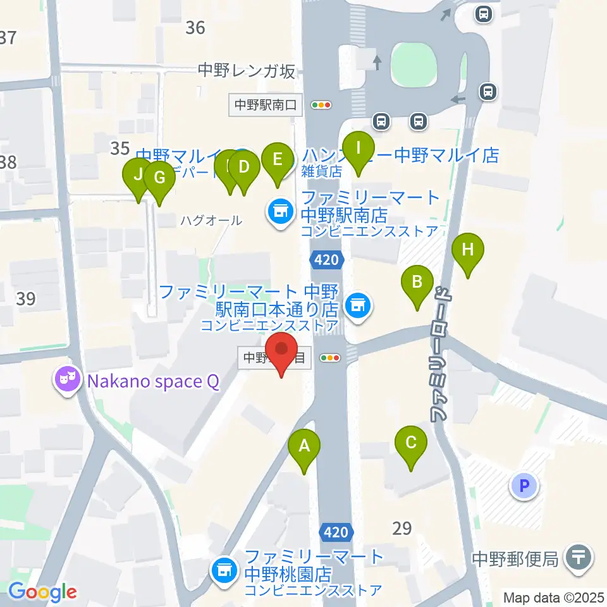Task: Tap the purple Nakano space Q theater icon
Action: click(x=66, y=381)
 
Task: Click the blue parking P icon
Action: click(x=524, y=486)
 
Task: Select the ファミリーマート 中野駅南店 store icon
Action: click(x=279, y=211)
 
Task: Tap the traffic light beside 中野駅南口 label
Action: click(x=322, y=106)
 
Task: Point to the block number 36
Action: click(x=195, y=27)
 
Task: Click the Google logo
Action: click(x=42, y=592)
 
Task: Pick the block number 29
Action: click(x=402, y=528)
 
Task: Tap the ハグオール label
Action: click(x=211, y=221)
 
